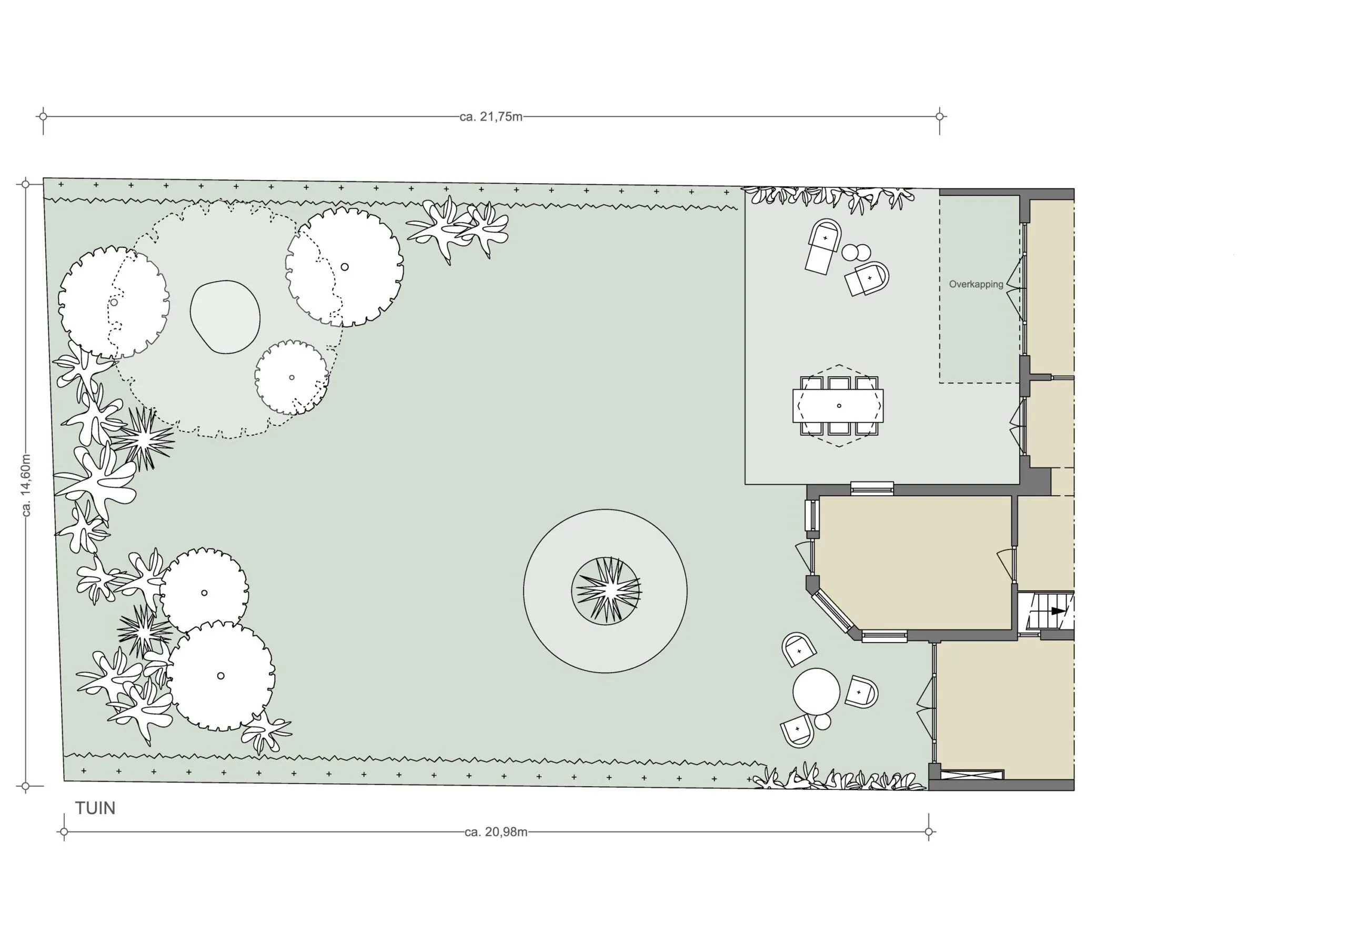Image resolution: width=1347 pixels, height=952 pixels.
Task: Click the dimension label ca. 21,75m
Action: coord(491,117)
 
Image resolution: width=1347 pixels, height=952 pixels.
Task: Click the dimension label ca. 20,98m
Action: coord(496,831)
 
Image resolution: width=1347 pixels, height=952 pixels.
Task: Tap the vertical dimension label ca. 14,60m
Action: coord(26,485)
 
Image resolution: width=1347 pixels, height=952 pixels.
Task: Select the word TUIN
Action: coord(95,808)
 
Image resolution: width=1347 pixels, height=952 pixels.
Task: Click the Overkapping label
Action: coord(976,284)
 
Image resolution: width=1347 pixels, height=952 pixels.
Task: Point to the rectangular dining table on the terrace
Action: coord(838,406)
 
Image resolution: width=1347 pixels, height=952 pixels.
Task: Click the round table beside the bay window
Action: coord(816,692)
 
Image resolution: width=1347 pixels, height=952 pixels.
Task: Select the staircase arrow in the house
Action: coord(1058,611)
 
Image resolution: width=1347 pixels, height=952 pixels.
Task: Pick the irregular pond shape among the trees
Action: coord(225,317)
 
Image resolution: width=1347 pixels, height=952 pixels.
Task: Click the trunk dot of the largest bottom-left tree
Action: coord(220,676)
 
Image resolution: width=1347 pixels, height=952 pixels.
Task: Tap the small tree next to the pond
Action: coord(291,377)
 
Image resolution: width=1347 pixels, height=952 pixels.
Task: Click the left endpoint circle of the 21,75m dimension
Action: coord(43,116)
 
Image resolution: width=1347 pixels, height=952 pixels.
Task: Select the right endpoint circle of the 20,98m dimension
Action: coord(928,831)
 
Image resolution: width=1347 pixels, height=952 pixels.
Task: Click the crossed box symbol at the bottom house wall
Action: coord(971,774)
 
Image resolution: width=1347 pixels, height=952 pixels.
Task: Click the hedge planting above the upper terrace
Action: coord(827,197)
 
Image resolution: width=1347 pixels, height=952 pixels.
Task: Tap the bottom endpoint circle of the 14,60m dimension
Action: coord(25,785)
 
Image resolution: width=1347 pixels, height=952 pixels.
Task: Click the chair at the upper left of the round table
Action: coord(798,649)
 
